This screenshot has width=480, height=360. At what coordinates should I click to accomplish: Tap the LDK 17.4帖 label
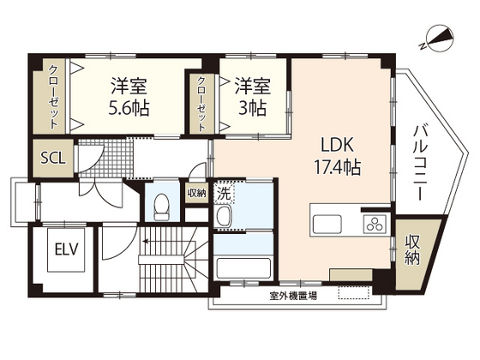pyautogui.click(x=338, y=156)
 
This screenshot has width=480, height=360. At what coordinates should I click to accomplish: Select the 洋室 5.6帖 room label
pyautogui.click(x=129, y=97)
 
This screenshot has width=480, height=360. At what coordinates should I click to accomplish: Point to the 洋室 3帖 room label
pyautogui.click(x=253, y=97)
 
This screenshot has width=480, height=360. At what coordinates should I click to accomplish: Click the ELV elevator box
pyautogui.click(x=67, y=249)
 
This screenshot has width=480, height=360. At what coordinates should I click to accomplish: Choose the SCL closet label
pyautogui.click(x=53, y=159)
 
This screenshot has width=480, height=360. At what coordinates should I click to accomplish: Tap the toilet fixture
pyautogui.click(x=162, y=207)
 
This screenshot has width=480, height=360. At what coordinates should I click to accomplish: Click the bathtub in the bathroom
pyautogui.click(x=243, y=268)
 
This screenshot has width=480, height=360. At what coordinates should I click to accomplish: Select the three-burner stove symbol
pyautogui.click(x=375, y=224)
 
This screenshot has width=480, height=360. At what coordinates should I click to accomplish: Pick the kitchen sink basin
pyautogui.click(x=327, y=224)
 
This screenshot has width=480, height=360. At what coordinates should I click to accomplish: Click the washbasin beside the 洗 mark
pyautogui.click(x=223, y=216)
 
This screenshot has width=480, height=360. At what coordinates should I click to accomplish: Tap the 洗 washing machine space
pyautogui.click(x=225, y=193)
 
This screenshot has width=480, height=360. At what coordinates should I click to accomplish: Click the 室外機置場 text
pyautogui.click(x=293, y=296)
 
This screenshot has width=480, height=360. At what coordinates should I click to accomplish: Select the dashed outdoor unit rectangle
pyautogui.click(x=353, y=292)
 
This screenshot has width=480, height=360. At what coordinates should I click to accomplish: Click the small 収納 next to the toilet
pyautogui.click(x=196, y=193)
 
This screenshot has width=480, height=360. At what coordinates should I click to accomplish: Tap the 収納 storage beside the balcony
pyautogui.click(x=412, y=250)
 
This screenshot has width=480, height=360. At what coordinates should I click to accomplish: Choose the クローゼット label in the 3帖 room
pyautogui.click(x=201, y=103)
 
